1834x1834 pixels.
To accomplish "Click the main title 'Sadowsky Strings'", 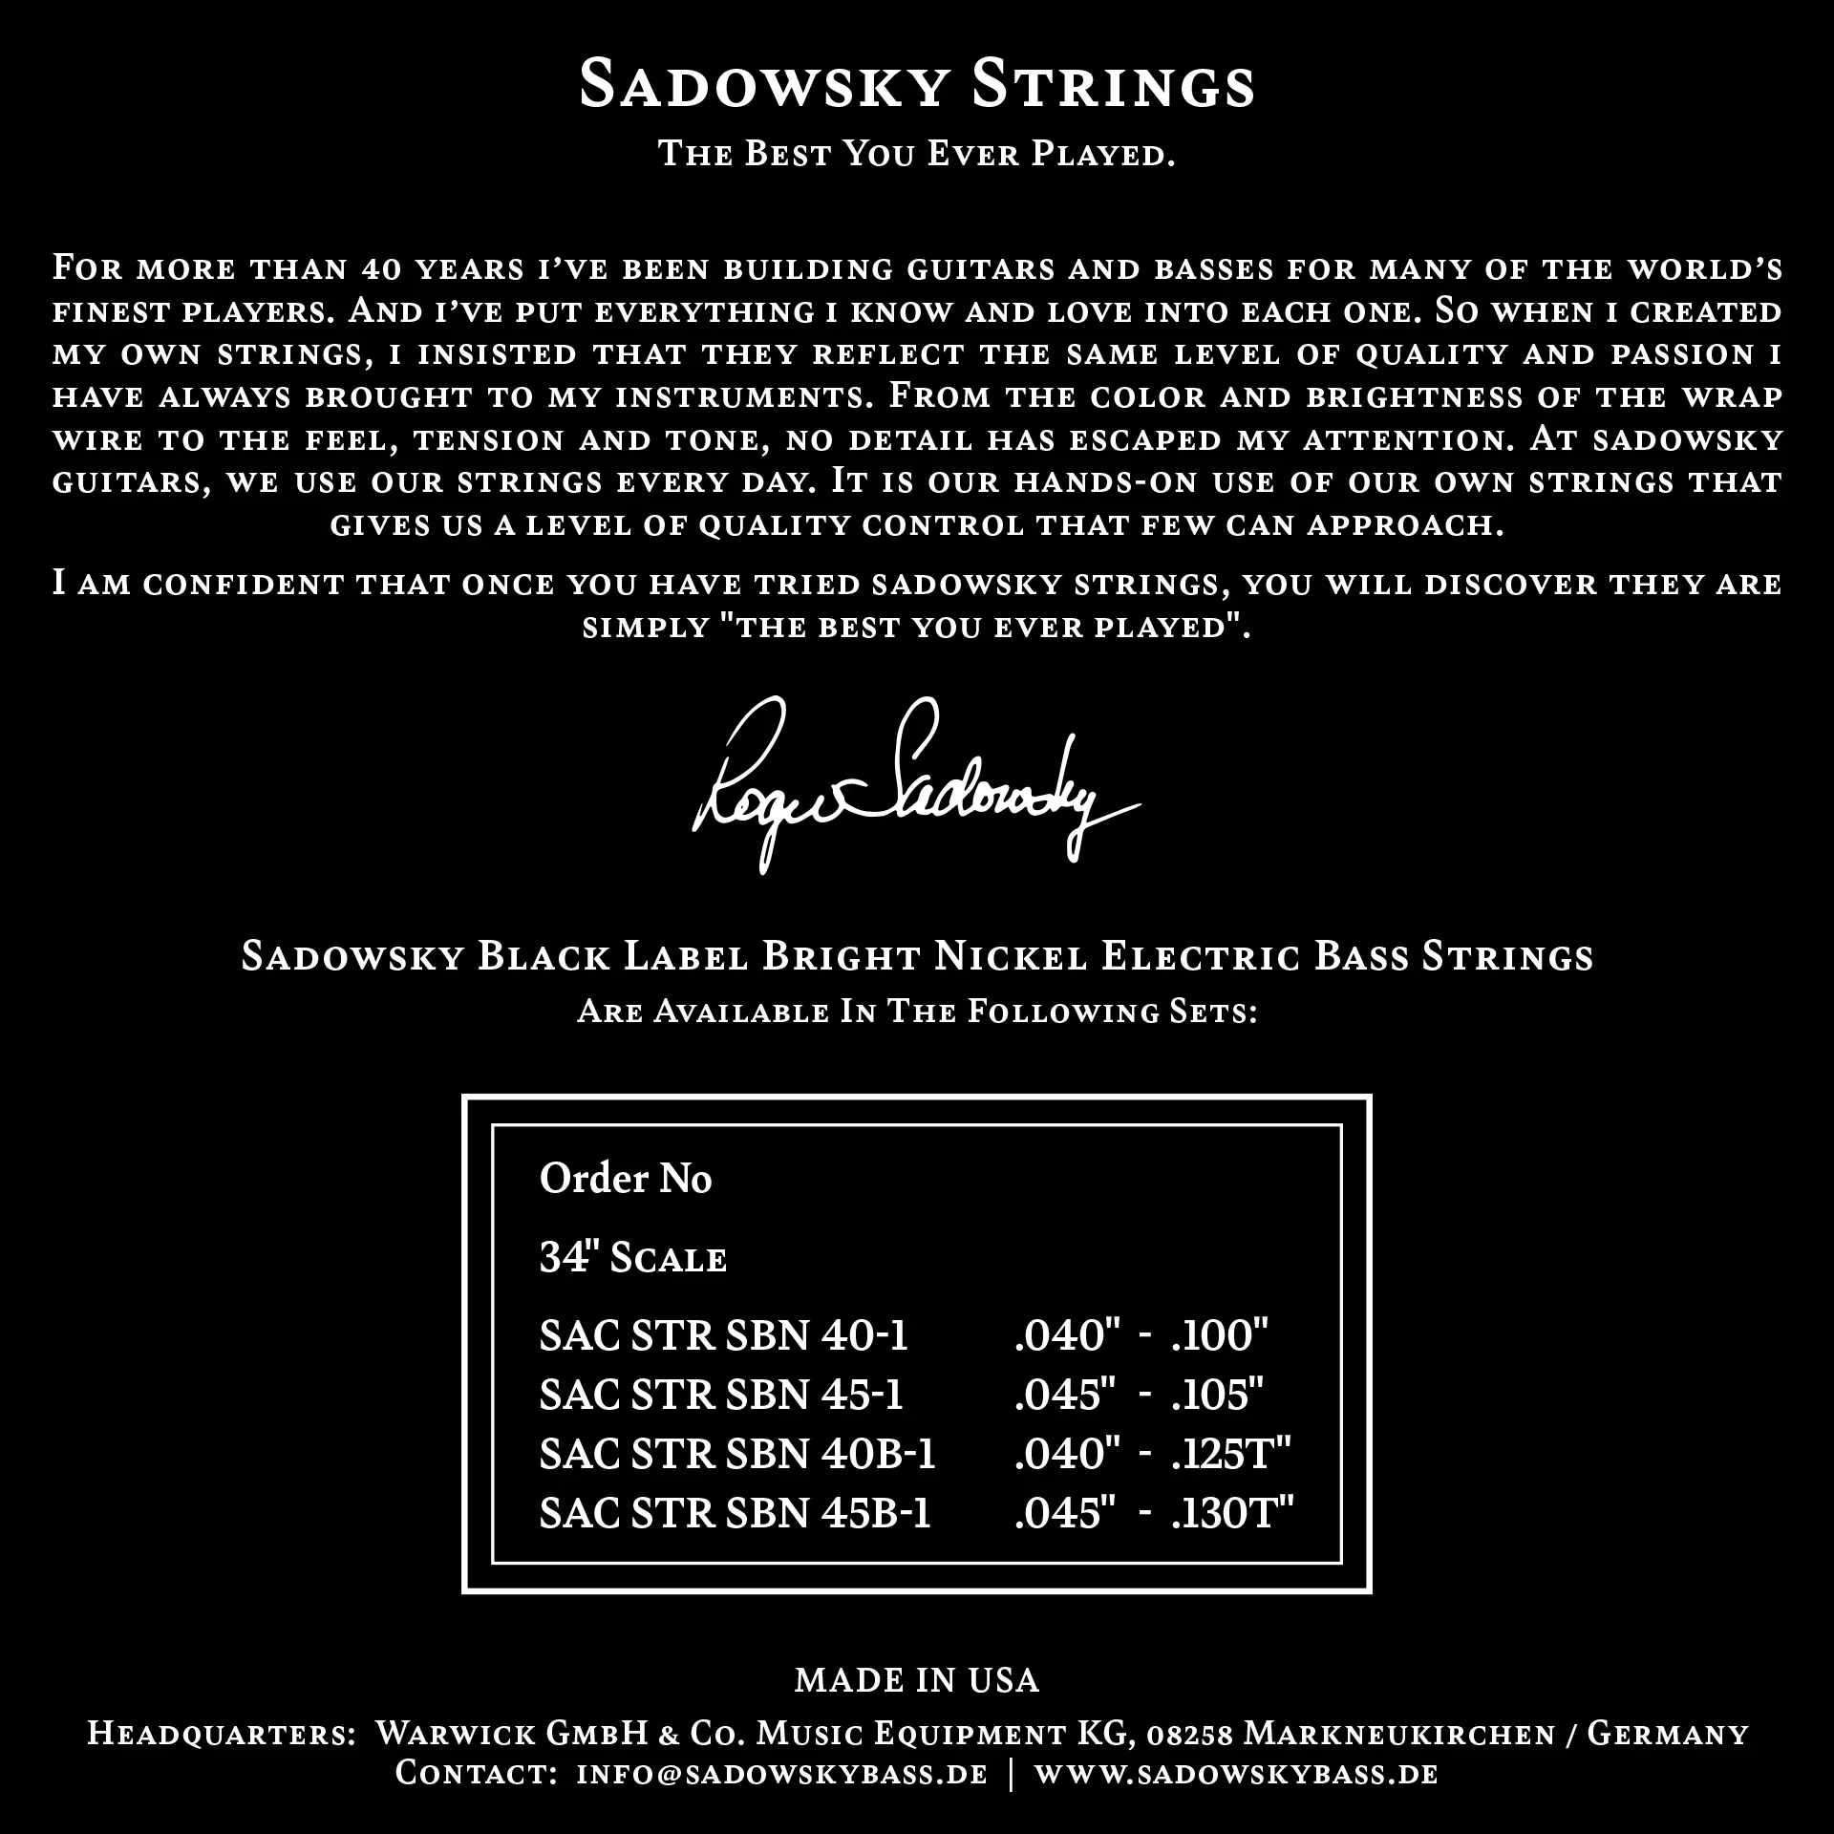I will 917,84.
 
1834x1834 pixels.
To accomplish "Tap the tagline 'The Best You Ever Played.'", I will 917,154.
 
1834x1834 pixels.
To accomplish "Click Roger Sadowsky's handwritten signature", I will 912,793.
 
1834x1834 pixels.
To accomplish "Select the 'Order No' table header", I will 626,1179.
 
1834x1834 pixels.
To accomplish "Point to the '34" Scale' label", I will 632,1258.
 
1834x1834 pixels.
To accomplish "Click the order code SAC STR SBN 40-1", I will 723,1335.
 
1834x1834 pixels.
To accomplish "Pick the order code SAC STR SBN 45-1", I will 721,1395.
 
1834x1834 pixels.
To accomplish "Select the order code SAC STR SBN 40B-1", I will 737,1454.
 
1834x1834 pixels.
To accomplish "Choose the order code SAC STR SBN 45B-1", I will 735,1513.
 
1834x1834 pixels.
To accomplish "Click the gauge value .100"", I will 1220,1335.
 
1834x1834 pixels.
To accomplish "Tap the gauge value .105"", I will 1218,1395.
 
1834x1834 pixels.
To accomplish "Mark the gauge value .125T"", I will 1231,1454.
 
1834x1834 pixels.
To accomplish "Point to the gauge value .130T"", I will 1232,1513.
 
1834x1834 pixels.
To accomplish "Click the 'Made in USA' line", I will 917,1681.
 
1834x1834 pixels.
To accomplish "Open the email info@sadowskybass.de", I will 782,1775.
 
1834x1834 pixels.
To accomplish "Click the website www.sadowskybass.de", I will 1236,1775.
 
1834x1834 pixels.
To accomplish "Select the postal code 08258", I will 1190,1734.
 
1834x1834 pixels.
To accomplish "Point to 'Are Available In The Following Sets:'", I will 917,1012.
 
